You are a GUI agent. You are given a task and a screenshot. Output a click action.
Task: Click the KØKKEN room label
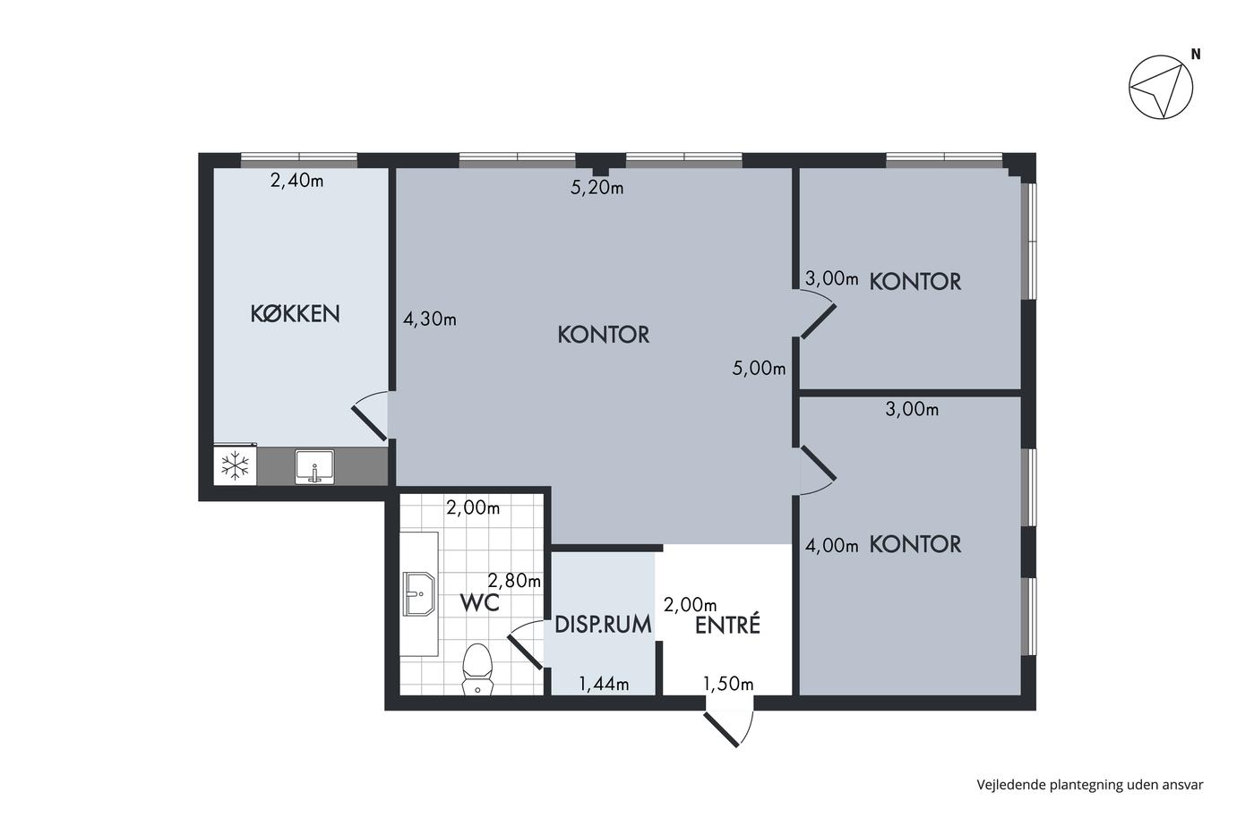tap(295, 314)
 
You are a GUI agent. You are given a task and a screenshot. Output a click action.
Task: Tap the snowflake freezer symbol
tap(235, 465)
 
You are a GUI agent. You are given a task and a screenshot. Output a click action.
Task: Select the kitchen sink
tap(314, 466)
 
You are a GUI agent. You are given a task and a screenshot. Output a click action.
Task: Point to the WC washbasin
tap(419, 593)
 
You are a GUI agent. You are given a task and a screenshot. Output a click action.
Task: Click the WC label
tap(479, 603)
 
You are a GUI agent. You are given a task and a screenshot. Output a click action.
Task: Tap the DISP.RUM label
tap(603, 624)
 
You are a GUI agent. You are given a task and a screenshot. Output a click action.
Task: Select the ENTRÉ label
tap(727, 624)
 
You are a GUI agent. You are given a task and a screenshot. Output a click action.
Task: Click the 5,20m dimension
tap(597, 188)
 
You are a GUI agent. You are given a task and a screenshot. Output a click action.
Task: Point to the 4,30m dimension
tap(429, 319)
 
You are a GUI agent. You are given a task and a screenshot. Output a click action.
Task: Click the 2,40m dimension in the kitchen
tap(296, 181)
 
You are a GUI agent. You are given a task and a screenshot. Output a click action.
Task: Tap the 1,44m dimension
tap(604, 684)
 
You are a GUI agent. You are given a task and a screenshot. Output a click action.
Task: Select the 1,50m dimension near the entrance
tap(727, 684)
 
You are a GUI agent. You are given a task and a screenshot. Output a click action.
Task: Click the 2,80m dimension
tap(514, 581)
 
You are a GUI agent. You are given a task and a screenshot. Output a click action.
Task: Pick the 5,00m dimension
tap(760, 368)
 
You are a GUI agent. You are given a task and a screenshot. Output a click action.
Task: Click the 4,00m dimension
tap(831, 545)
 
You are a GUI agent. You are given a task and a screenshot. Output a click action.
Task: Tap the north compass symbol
tap(1161, 87)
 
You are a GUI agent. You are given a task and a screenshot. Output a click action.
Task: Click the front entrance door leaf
tap(722, 729)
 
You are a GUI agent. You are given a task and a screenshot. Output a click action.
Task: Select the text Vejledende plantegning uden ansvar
tap(1090, 785)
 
